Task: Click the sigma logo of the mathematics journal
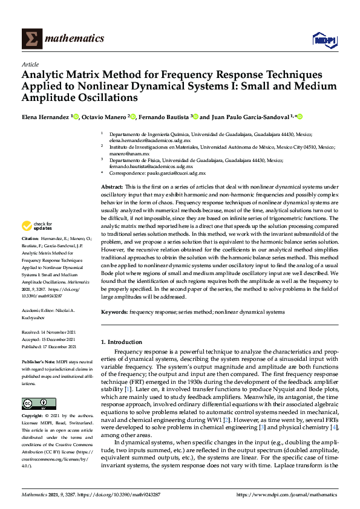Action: [x=31, y=39]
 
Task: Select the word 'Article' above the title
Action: [x=30, y=64]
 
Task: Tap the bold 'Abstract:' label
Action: [x=113, y=188]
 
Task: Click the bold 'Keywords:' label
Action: [x=114, y=312]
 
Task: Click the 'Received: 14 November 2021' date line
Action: [x=48, y=332]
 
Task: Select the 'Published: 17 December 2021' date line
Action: [x=49, y=347]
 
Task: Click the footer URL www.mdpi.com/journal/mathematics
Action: [x=286, y=494]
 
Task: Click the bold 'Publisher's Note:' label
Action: [x=40, y=361]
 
